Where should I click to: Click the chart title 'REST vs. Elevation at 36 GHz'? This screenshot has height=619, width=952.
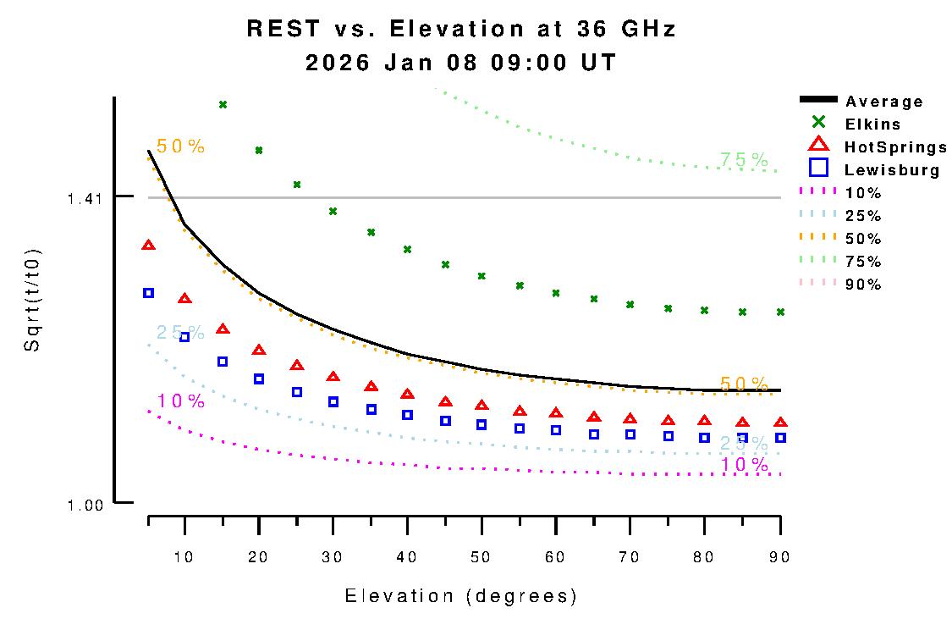click(x=461, y=29)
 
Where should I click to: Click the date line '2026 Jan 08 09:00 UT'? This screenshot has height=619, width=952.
click(x=461, y=64)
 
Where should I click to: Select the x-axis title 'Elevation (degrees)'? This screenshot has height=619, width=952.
click(x=461, y=596)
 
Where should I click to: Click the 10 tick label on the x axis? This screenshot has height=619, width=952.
click(x=184, y=556)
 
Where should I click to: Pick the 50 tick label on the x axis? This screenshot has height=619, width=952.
click(x=482, y=556)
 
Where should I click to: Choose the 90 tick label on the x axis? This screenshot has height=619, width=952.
click(x=779, y=556)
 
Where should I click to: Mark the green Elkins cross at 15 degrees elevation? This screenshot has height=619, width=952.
click(x=223, y=105)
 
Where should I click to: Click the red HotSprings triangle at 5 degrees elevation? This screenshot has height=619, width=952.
click(x=149, y=246)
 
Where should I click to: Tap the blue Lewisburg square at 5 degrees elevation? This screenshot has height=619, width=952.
click(x=149, y=293)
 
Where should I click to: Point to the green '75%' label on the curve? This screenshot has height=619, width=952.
click(x=744, y=159)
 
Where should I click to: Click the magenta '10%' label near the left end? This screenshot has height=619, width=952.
click(x=180, y=401)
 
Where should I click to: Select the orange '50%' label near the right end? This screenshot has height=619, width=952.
click(x=744, y=384)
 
